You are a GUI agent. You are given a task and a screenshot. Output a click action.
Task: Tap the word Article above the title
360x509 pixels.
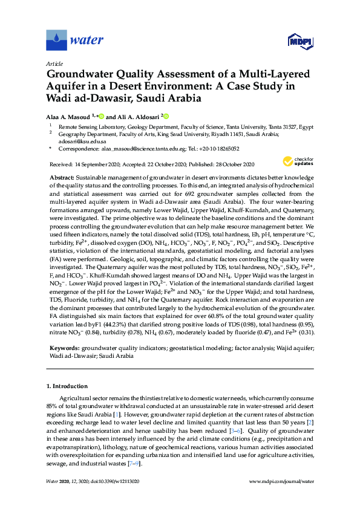click(54, 63)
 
